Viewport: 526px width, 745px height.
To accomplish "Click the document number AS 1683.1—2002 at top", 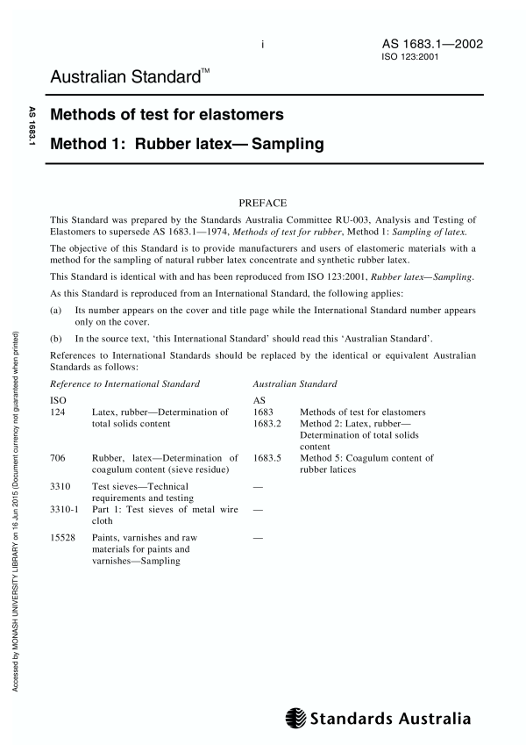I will pos(431,44).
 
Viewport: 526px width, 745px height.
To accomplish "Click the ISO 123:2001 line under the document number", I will pos(409,58).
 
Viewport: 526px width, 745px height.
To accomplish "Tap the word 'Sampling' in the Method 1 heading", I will pos(288,143).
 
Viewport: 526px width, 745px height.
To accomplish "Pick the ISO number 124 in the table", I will pos(57,412).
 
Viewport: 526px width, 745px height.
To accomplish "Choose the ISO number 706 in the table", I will pos(57,458).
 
